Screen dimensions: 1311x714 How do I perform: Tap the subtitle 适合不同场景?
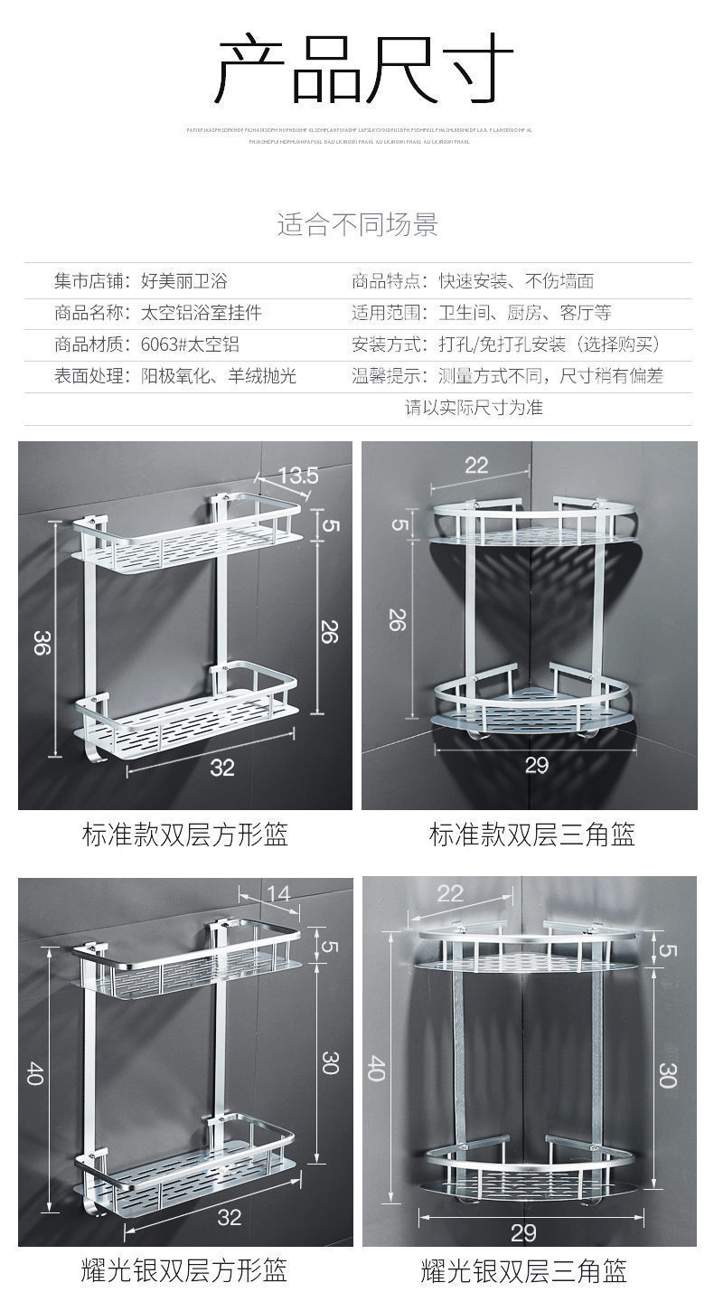pyautogui.click(x=357, y=224)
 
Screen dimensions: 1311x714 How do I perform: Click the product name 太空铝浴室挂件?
pyautogui.click(x=201, y=314)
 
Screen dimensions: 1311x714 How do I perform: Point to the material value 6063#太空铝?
pyautogui.click(x=190, y=344)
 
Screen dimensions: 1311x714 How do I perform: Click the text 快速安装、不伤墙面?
pyautogui.click(x=516, y=281)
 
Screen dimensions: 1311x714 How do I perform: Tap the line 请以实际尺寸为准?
pyautogui.click(x=473, y=408)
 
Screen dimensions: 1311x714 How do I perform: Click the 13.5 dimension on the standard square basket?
pyautogui.click(x=297, y=475)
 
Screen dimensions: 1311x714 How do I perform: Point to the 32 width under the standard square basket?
pyautogui.click(x=222, y=768)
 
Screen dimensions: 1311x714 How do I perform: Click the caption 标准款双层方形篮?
pyautogui.click(x=185, y=835)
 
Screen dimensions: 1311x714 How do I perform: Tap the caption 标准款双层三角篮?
pyautogui.click(x=531, y=835)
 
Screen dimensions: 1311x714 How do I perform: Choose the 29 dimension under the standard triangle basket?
pyautogui.click(x=537, y=766)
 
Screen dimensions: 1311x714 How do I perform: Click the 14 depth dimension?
pyautogui.click(x=279, y=894)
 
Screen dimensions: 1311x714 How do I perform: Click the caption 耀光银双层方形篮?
pyautogui.click(x=184, y=1271)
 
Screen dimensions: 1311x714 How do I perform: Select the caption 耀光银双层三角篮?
pyautogui.click(x=523, y=1271)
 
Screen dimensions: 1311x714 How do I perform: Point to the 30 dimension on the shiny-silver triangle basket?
pyautogui.click(x=668, y=1074)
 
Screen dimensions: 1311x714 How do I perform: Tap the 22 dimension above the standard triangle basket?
pyautogui.click(x=476, y=465)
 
